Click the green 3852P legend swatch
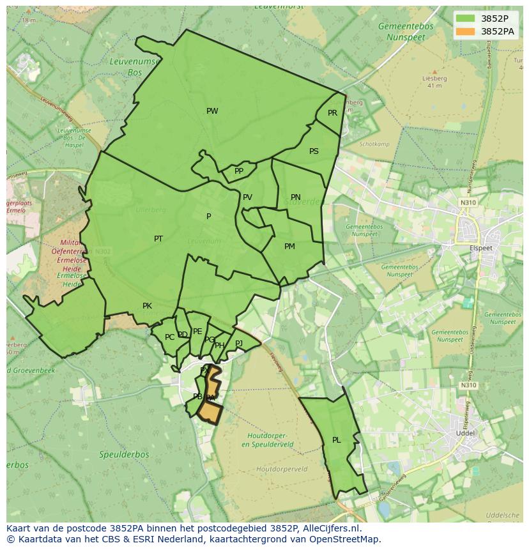(466, 19)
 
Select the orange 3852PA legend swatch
(466, 31)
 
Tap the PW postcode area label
(212, 111)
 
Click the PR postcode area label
(332, 113)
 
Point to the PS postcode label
(314, 151)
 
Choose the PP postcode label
(239, 171)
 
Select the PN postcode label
(295, 197)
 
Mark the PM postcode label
(289, 247)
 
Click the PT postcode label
(158, 239)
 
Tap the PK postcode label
(147, 306)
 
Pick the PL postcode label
(337, 440)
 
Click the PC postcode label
(169, 337)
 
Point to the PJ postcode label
(239, 344)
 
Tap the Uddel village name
(463, 432)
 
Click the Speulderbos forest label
(124, 455)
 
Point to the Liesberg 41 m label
(434, 82)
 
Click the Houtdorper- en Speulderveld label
(270, 439)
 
